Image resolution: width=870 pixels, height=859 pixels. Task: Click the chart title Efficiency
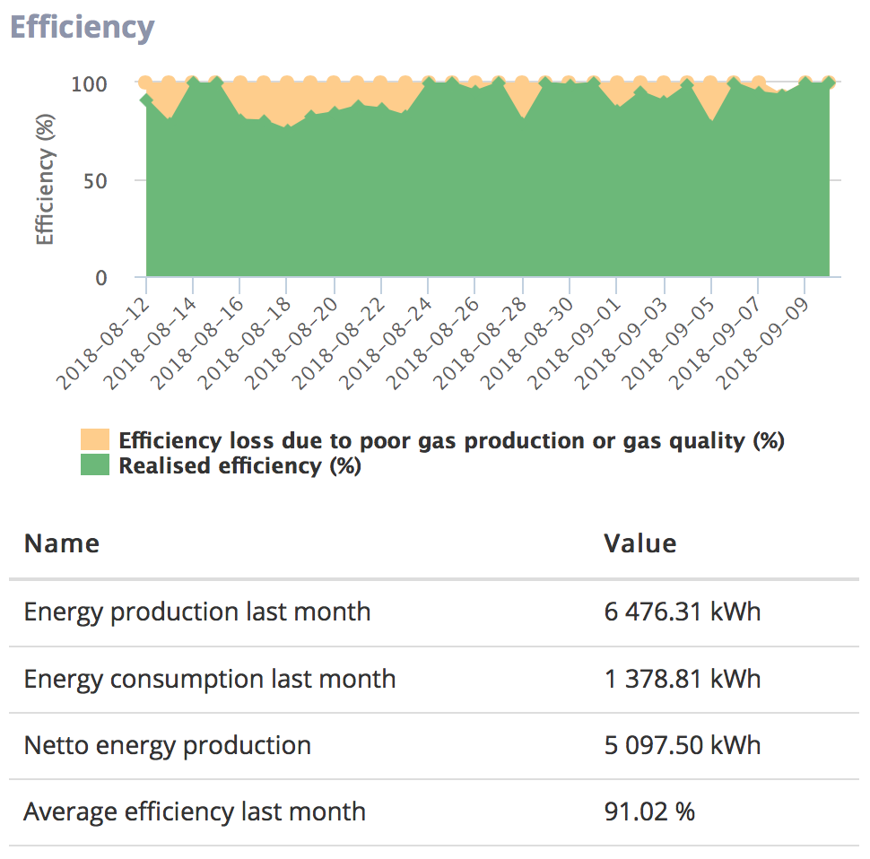tap(83, 28)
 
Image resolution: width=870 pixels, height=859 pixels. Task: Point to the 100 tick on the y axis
tap(89, 84)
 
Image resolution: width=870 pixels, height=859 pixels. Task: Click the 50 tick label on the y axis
tap(95, 181)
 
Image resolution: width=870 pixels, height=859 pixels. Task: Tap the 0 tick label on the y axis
tap(101, 277)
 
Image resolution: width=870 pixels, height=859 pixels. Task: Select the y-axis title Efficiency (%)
tap(44, 179)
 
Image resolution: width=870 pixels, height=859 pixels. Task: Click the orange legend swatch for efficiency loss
tap(95, 439)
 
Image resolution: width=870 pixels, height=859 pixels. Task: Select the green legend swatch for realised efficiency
tap(95, 464)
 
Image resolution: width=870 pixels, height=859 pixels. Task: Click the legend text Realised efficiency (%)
tap(240, 466)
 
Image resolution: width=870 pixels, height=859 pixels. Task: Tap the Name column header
tap(62, 543)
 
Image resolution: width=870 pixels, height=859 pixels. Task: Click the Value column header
tap(640, 543)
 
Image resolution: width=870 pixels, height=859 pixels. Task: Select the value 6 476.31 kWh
tap(683, 612)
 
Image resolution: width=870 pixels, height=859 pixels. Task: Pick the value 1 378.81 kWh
tap(683, 679)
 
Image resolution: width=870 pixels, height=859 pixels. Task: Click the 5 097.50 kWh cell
tap(683, 745)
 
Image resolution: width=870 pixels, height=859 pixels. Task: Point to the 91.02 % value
tap(649, 811)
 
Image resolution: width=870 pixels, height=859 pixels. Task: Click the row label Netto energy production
tap(168, 746)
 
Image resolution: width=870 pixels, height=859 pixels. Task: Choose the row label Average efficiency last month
tap(195, 812)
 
